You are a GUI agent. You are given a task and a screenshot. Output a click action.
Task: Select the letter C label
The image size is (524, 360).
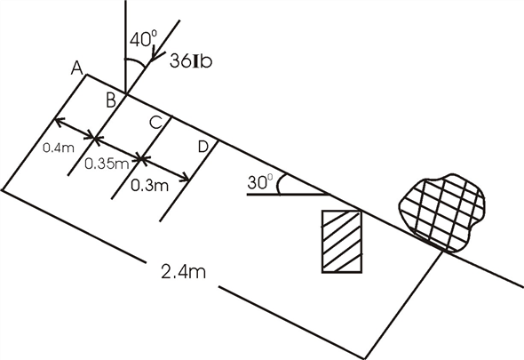coord(154,124)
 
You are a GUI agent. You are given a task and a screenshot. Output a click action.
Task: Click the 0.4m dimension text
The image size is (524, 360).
coord(57,149)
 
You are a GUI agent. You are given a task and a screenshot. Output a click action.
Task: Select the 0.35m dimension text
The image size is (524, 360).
coord(107,164)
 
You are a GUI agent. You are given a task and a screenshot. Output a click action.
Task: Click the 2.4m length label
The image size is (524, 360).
coord(185,271)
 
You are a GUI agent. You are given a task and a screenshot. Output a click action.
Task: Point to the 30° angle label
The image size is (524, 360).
coord(259,181)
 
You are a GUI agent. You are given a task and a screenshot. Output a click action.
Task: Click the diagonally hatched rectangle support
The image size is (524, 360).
coord(342,242)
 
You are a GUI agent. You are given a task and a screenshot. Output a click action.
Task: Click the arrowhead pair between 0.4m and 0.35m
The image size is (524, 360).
coord(96,138)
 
